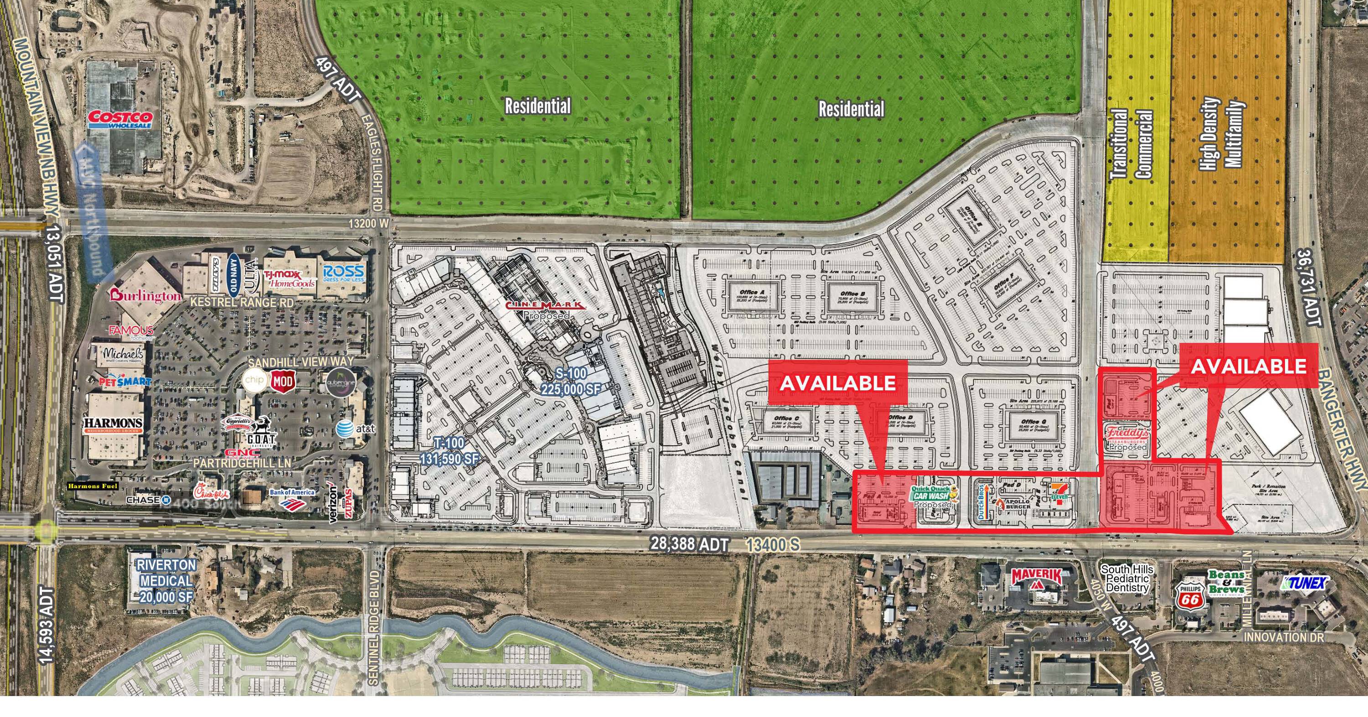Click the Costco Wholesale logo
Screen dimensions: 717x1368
pos(120,119)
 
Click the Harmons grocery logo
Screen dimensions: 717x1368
pos(113,425)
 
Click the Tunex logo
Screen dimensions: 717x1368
pos(1305,582)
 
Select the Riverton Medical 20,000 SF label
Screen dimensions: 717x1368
pos(166,581)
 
